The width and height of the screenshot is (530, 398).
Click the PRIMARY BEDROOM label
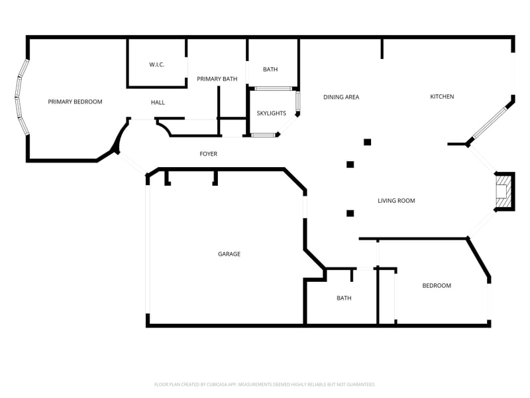tap(75, 101)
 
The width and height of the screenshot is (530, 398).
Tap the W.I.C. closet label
tap(156, 64)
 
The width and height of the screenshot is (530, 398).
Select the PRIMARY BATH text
tap(217, 79)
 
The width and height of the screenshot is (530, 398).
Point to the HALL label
tap(158, 102)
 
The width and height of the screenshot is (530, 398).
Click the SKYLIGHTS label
tap(271, 113)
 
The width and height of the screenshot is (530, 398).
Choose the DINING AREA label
tap(341, 97)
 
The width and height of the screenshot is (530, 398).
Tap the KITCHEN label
tap(442, 97)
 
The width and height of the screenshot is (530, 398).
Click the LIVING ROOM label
tap(396, 200)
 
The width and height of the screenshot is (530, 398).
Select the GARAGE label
tap(229, 254)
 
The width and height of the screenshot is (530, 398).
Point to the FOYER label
tap(208, 154)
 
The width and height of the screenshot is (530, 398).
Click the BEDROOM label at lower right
tap(437, 285)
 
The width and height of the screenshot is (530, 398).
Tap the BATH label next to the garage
tap(344, 298)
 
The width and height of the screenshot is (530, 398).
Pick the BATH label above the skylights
tap(270, 69)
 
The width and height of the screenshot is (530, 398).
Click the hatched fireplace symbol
tap(504, 190)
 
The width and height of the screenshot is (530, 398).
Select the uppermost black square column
tap(367, 142)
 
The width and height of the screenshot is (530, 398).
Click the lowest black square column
tap(350, 213)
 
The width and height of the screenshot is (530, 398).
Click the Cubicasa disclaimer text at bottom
tap(265, 384)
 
